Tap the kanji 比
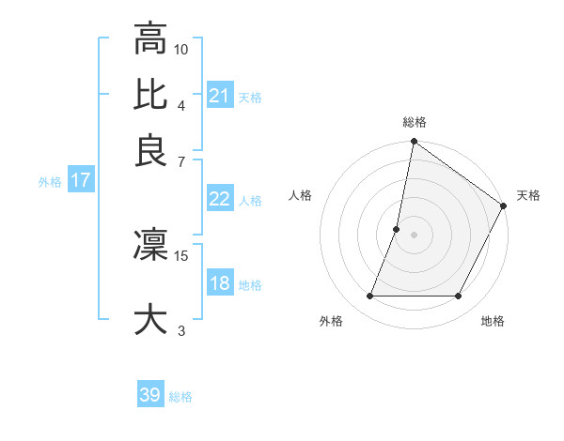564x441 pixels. (150, 95)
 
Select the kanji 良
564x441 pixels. (150, 151)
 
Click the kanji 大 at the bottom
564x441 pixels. (150, 318)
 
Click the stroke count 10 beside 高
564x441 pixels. (181, 48)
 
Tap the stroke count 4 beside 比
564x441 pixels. (180, 104)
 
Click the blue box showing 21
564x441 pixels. (220, 96)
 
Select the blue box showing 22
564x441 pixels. (220, 199)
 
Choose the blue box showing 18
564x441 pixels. (220, 284)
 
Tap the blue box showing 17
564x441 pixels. (80, 181)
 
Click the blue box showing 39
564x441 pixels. (150, 395)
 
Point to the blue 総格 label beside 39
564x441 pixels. (180, 397)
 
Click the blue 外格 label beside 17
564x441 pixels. (50, 182)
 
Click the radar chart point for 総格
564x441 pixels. (414, 143)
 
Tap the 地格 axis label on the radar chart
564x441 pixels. (493, 322)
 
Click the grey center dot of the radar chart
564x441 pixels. (414, 235)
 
